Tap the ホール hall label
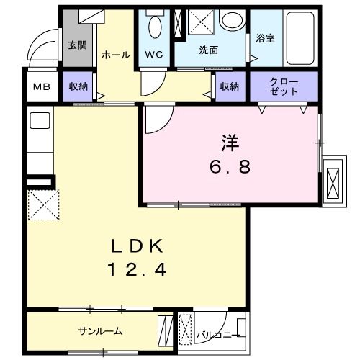pyautogui.click(x=115, y=55)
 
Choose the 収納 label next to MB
pyautogui.click(x=78, y=86)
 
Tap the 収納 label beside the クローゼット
pyautogui.click(x=229, y=86)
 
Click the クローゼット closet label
pyautogui.click(x=283, y=86)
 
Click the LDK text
pyautogui.click(x=137, y=247)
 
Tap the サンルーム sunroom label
pyautogui.click(x=100, y=331)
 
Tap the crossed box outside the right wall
pyautogui.click(x=335, y=179)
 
